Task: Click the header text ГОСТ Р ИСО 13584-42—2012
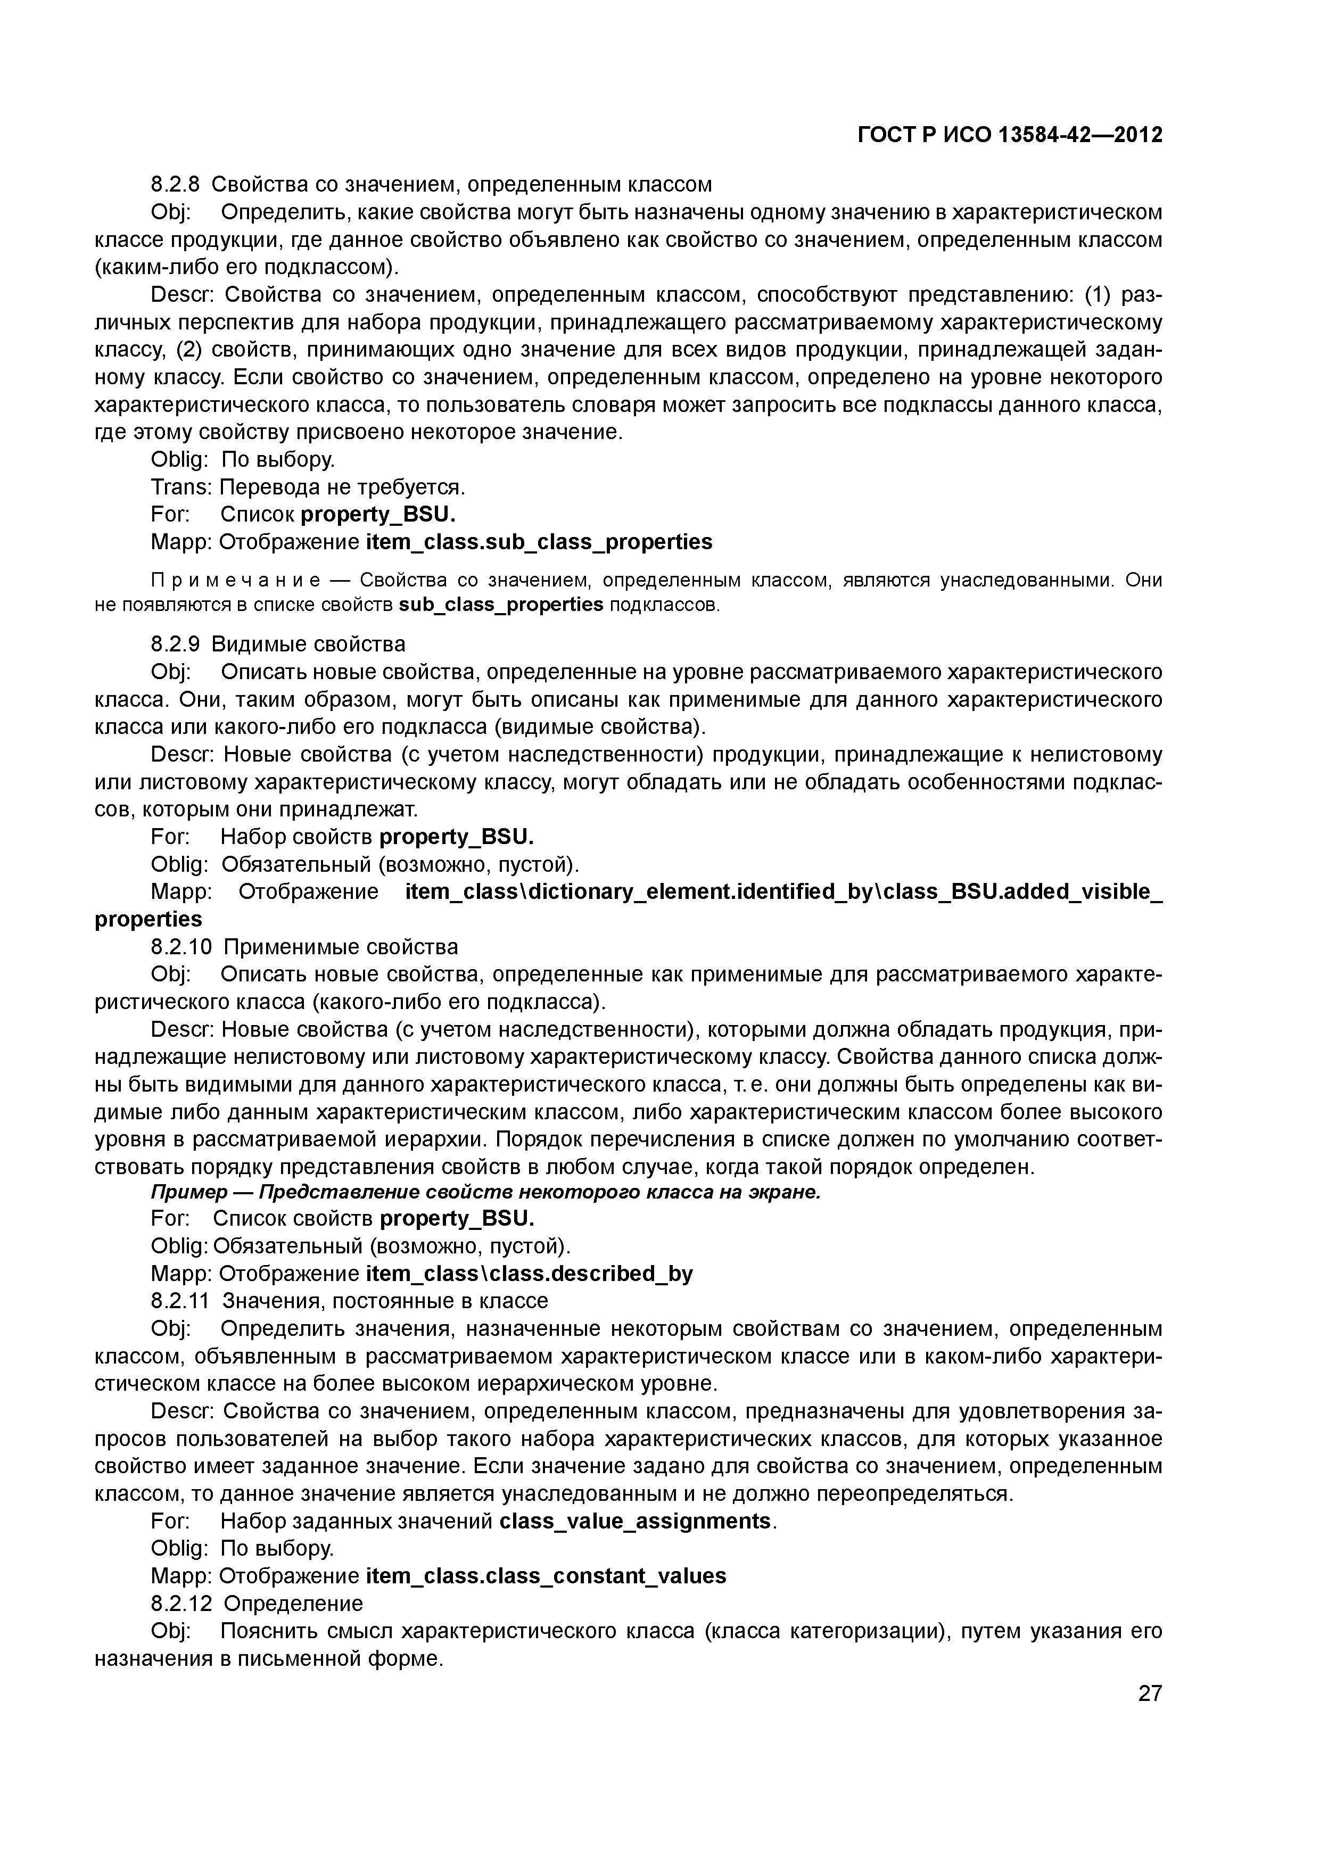(x=1010, y=135)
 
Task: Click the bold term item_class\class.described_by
(x=530, y=1273)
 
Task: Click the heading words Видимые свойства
(x=308, y=645)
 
